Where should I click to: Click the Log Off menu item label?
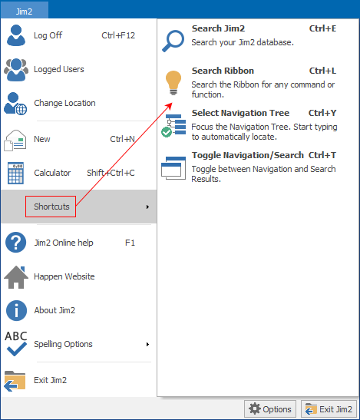click(x=48, y=35)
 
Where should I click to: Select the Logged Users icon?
click(x=16, y=69)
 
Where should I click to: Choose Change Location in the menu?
click(x=64, y=103)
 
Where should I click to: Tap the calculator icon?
click(x=16, y=173)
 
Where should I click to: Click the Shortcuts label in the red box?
click(x=51, y=207)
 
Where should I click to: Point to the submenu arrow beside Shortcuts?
click(x=147, y=207)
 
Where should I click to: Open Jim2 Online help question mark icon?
click(x=16, y=243)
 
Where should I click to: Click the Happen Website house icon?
click(x=16, y=277)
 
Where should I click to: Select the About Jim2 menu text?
click(x=54, y=310)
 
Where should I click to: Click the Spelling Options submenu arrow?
click(x=147, y=344)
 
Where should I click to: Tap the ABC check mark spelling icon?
click(x=16, y=344)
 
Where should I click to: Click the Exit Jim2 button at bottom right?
click(x=329, y=409)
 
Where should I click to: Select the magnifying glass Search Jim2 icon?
click(x=173, y=41)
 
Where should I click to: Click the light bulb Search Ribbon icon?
click(x=173, y=83)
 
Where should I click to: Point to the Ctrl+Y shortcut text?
click(x=322, y=113)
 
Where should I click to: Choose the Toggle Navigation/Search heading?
click(x=248, y=155)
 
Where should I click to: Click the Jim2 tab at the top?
click(x=24, y=12)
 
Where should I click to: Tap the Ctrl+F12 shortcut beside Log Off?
click(x=118, y=35)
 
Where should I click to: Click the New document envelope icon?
click(x=15, y=141)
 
